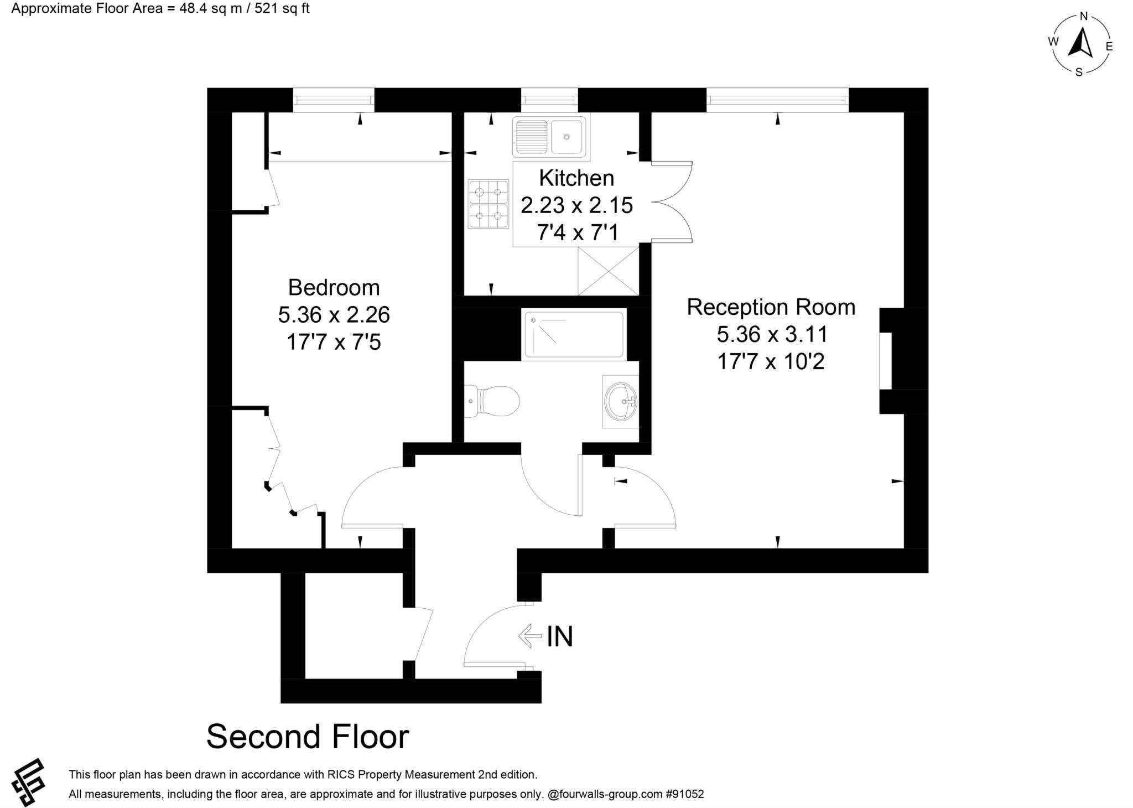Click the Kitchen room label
[x=576, y=178]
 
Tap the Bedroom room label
[x=334, y=288]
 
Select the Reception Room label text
[x=771, y=307]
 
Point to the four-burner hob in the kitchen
[x=488, y=204]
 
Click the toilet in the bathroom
[x=493, y=401]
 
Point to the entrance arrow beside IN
[x=529, y=636]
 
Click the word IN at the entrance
[x=560, y=636]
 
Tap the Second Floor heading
[x=308, y=737]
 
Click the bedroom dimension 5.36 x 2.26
[x=334, y=315]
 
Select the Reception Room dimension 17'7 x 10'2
[x=771, y=362]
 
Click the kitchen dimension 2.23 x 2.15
[x=576, y=205]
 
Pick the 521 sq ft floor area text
[x=282, y=9]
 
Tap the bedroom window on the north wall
[x=334, y=100]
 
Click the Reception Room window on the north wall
[x=777, y=100]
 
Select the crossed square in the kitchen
[x=608, y=271]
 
